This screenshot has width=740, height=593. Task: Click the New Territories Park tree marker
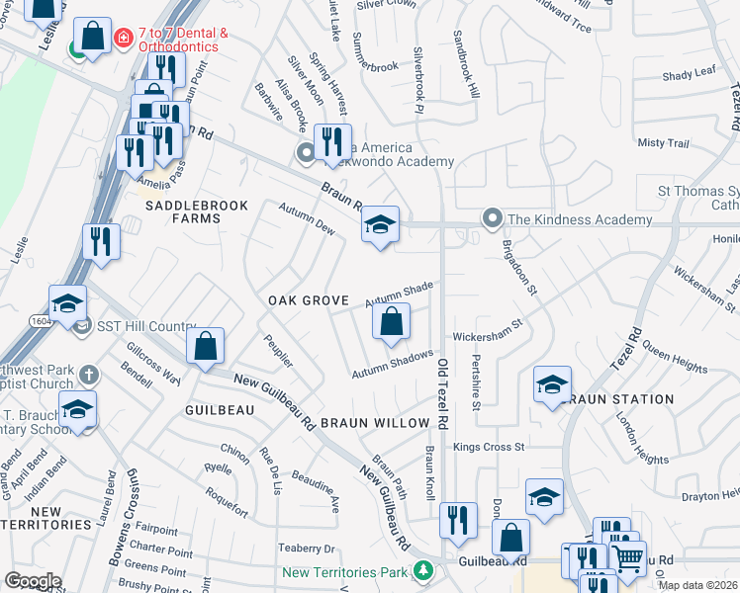[423, 571]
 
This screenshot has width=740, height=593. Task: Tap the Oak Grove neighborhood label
[309, 300]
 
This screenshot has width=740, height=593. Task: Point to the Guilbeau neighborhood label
[213, 407]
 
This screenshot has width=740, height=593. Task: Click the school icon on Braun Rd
[380, 225]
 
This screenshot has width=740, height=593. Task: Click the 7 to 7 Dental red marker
[124, 39]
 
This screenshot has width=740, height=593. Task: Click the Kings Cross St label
[489, 447]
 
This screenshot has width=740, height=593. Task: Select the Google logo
[33, 581]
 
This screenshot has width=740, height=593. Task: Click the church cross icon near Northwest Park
[89, 375]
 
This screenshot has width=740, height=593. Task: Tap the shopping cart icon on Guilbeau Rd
[627, 559]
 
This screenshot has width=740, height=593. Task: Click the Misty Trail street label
[663, 143]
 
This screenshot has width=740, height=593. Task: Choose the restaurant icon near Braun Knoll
[457, 519]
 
